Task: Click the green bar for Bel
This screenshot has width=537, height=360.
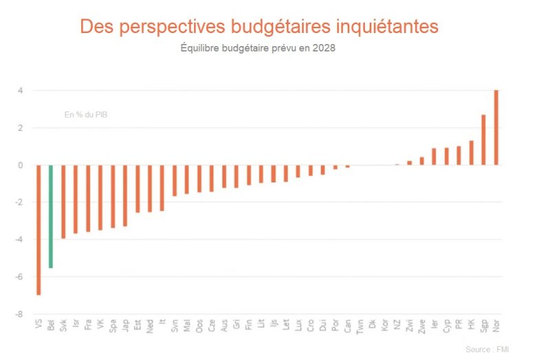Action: [x=51, y=216]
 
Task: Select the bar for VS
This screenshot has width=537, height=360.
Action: [x=39, y=230]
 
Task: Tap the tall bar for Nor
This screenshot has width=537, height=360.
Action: [x=496, y=127]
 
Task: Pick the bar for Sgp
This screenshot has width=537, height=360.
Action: [x=483, y=140]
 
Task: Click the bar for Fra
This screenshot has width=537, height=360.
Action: [x=88, y=198]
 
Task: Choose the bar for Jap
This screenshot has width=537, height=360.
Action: [x=125, y=195]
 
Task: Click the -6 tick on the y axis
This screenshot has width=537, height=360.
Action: [x=21, y=277]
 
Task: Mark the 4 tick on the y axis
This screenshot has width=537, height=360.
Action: [x=21, y=91]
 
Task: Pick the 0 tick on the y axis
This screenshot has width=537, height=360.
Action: [x=21, y=165]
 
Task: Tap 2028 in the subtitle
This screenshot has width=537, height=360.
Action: [x=324, y=49]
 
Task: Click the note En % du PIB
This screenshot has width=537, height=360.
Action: [x=86, y=115]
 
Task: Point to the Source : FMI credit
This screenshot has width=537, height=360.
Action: [x=487, y=350]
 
